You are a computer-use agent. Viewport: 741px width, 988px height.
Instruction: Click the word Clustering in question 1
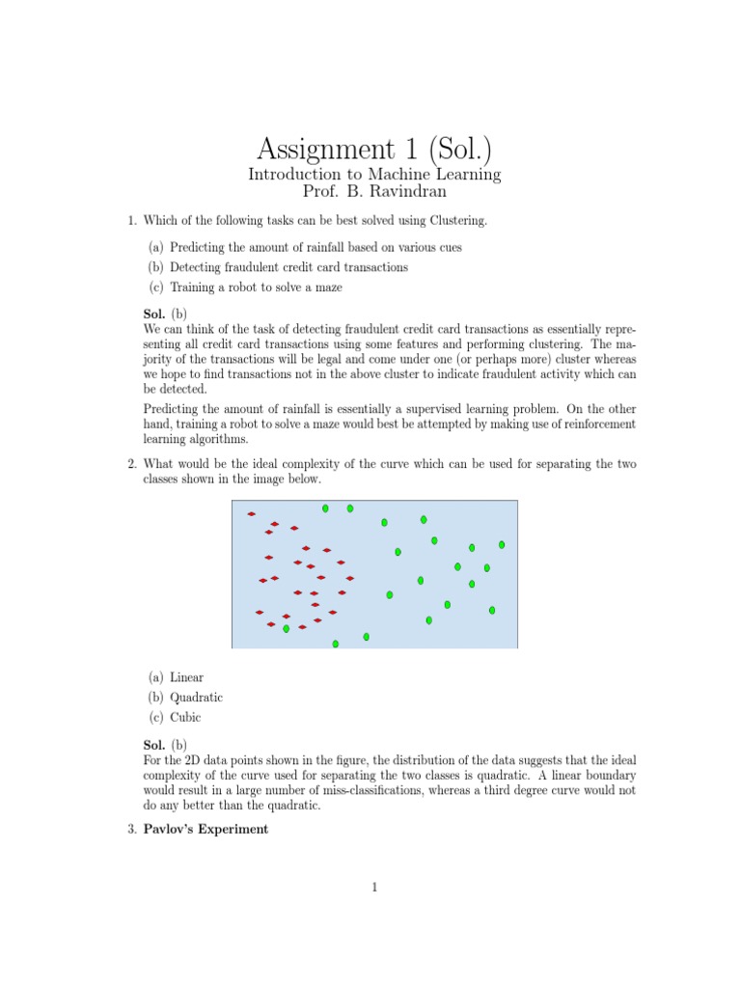456,221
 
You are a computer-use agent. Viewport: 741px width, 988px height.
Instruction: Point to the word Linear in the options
186,677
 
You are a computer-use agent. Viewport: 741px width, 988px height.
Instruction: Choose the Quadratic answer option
196,697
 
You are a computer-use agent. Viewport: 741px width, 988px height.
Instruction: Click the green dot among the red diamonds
286,628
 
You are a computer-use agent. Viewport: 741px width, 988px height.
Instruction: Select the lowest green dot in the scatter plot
336,644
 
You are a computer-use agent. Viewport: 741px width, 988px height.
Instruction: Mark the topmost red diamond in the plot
251,514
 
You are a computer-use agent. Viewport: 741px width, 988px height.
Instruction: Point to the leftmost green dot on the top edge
325,508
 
